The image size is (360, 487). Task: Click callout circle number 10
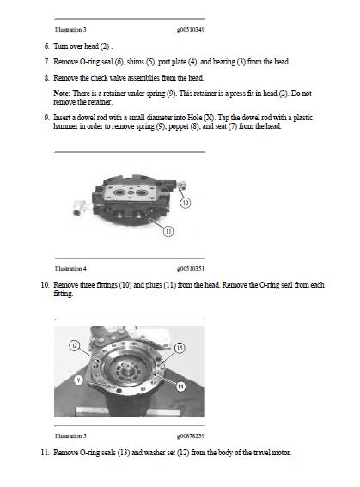(x=186, y=204)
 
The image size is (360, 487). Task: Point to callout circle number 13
(x=180, y=347)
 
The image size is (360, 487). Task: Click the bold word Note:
(x=62, y=91)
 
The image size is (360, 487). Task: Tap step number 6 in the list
(x=46, y=46)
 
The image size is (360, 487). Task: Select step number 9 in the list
(x=46, y=116)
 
